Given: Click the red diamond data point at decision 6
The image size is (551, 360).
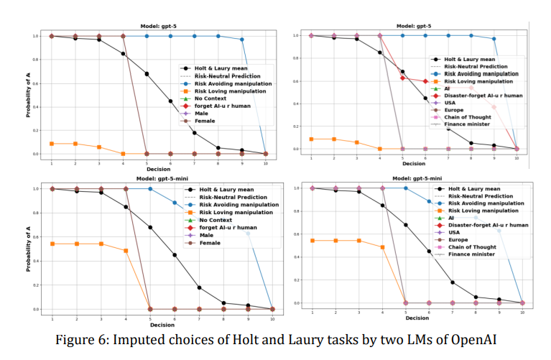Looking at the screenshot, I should pyautogui.click(x=425, y=81).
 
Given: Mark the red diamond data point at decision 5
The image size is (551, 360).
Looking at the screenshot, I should pyautogui.click(x=404, y=78).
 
